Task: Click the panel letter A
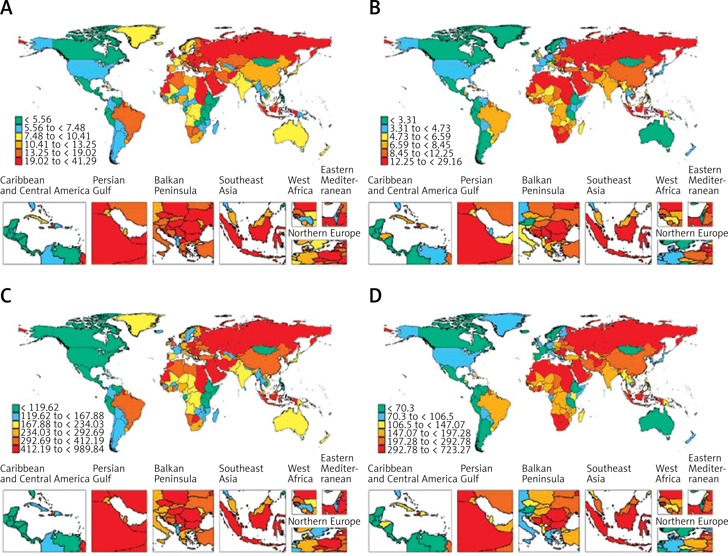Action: point(6,8)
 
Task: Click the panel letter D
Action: point(375,296)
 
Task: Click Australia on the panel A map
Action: point(291,136)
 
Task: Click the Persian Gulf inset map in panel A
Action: point(119,233)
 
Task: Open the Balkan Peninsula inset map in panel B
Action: point(549,233)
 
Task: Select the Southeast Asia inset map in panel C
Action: point(252,521)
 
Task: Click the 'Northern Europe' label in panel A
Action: point(324,233)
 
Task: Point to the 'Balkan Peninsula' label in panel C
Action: point(175,474)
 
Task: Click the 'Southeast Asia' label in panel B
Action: point(609,185)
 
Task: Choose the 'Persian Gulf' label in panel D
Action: point(476,474)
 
